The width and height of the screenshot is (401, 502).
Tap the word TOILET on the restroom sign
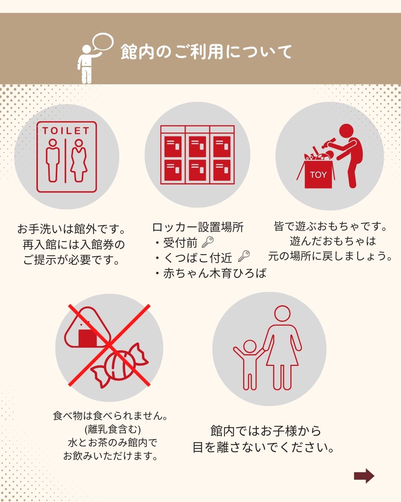pos(66,131)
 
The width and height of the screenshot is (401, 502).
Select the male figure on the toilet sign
pos(53,161)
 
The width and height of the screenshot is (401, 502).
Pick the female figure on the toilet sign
pos(79,161)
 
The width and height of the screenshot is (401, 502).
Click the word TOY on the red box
pos(318,175)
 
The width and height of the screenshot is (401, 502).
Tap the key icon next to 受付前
pos(208,242)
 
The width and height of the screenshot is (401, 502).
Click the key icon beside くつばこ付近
pos(244,256)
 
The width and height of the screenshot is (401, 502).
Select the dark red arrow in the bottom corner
pos(364,476)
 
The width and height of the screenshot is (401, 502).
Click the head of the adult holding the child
pos(282,313)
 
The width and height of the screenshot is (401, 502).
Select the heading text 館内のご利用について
pos(206,52)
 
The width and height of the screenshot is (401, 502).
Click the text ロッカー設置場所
pos(198,227)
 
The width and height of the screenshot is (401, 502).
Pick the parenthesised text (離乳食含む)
pos(113,429)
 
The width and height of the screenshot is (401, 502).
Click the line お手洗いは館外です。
pos(71,229)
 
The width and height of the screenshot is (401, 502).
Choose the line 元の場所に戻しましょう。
pos(330,256)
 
